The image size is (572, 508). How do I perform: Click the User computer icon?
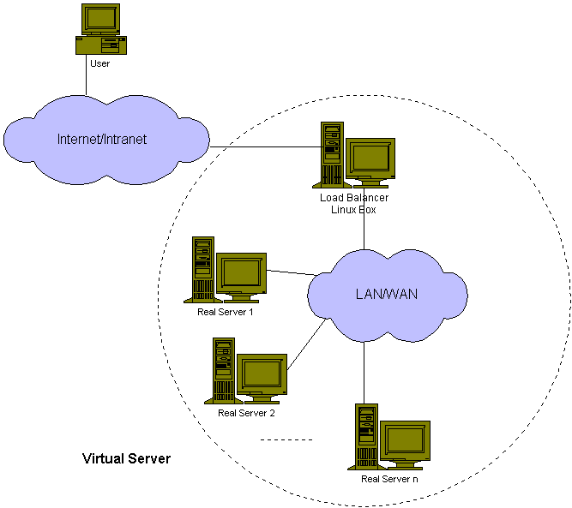click(x=99, y=30)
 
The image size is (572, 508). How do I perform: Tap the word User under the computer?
click(x=99, y=63)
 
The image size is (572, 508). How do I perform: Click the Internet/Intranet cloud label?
click(x=102, y=139)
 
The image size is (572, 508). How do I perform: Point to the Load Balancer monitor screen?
click(x=370, y=158)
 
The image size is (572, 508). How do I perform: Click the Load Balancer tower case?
click(x=332, y=154)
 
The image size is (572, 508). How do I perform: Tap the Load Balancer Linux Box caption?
click(x=359, y=204)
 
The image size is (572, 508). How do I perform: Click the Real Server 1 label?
click(x=226, y=311)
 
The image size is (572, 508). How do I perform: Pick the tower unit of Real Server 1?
click(x=202, y=269)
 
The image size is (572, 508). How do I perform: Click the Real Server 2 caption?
click(x=246, y=413)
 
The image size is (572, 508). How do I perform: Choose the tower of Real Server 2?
click(x=223, y=370)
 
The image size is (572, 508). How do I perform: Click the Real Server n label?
click(x=390, y=479)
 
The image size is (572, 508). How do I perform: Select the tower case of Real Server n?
click(x=366, y=436)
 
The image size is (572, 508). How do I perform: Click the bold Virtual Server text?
click(x=126, y=458)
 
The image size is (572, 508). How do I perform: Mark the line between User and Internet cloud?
click(x=86, y=83)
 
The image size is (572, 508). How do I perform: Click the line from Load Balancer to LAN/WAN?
click(x=364, y=230)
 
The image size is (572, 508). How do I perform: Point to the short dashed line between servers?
click(x=286, y=440)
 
